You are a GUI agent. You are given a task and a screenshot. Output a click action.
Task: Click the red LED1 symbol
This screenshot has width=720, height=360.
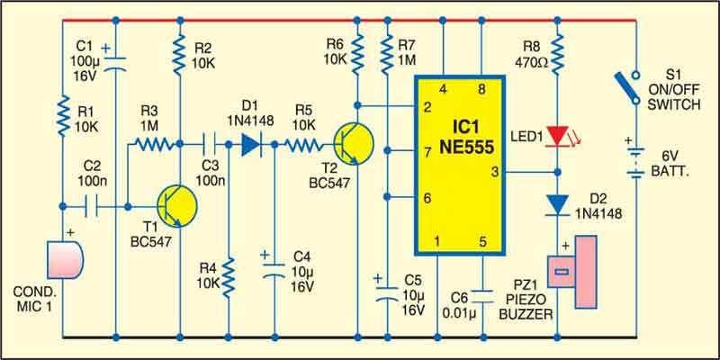point(558,136)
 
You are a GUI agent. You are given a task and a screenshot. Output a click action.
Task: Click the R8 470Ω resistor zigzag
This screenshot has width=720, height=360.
point(558,53)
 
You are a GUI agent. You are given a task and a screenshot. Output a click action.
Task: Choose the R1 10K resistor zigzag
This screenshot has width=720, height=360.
point(64,118)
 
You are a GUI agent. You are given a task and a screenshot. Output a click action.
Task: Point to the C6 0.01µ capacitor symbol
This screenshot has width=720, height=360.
point(481,295)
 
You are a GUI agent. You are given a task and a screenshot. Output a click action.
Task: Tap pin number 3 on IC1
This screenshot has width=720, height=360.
point(493,172)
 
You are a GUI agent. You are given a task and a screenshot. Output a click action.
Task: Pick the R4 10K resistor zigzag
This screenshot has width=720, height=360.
point(229,275)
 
